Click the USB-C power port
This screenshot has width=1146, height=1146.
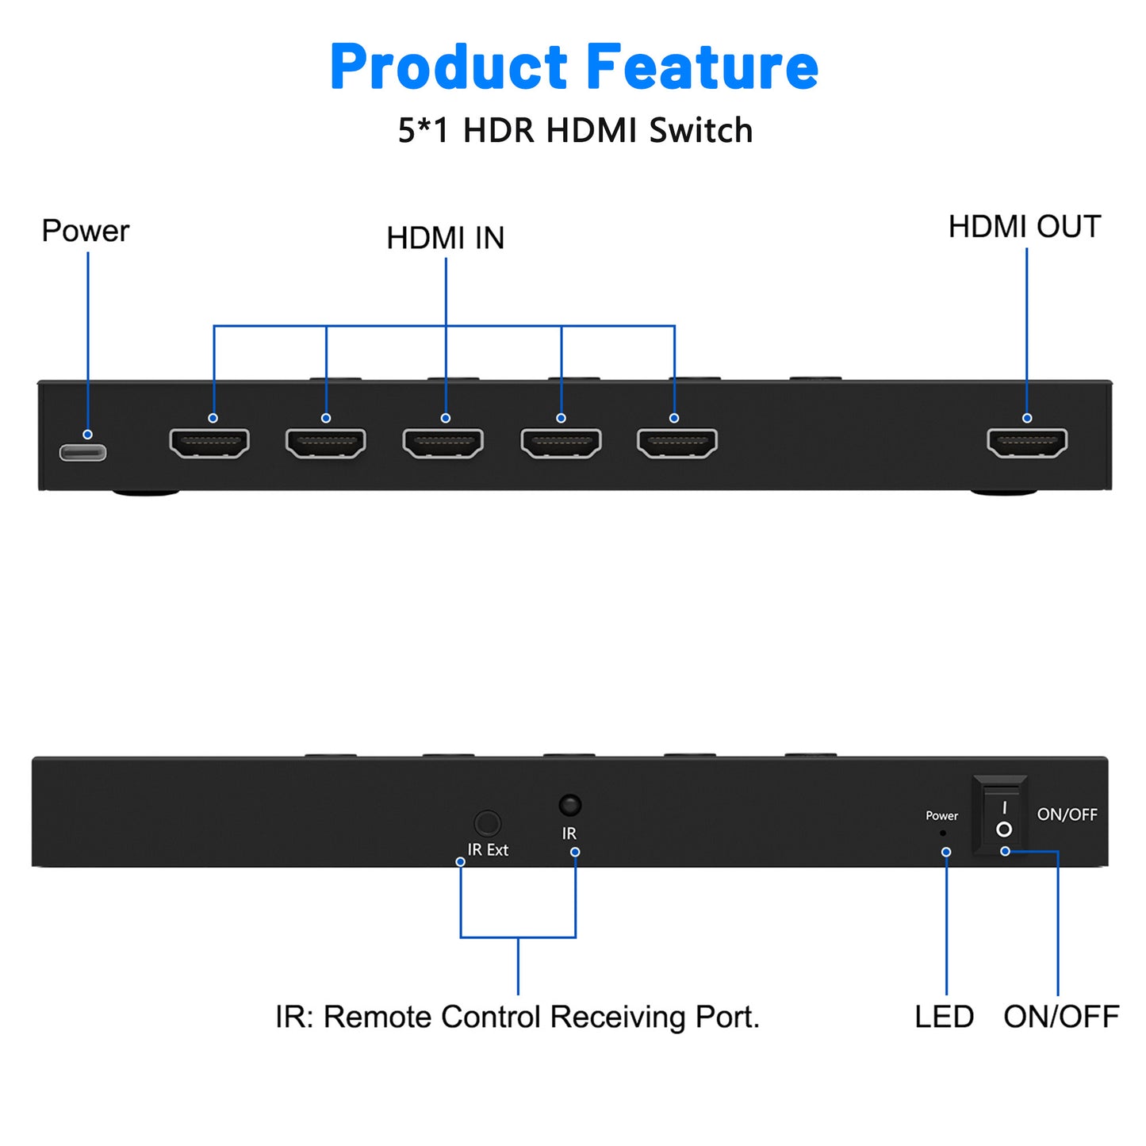pyautogui.click(x=82, y=453)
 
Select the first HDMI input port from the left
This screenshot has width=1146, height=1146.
pyautogui.click(x=209, y=443)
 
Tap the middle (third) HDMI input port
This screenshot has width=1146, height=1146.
pyautogui.click(x=443, y=443)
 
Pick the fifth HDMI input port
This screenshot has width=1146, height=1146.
pyautogui.click(x=677, y=443)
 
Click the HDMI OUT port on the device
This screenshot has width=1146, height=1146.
pyautogui.click(x=1027, y=443)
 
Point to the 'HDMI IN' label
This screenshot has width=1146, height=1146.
pyautogui.click(x=445, y=238)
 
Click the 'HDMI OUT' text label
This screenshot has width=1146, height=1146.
pyautogui.click(x=1024, y=227)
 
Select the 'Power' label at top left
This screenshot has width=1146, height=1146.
pyautogui.click(x=85, y=231)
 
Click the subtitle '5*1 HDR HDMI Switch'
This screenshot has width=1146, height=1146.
pyautogui.click(x=575, y=131)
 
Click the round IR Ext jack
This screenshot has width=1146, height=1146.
pyautogui.click(x=487, y=824)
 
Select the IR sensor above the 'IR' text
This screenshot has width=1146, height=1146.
pyautogui.click(x=569, y=806)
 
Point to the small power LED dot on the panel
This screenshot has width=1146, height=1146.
pyautogui.click(x=942, y=834)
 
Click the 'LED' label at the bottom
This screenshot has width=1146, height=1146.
pyautogui.click(x=944, y=1017)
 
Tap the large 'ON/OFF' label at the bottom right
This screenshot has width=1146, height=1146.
pyautogui.click(x=1060, y=1017)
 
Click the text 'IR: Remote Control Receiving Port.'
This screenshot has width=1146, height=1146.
pyautogui.click(x=517, y=1017)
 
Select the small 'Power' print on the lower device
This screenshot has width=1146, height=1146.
pyautogui.click(x=941, y=816)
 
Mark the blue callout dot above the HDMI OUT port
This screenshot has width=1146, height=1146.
pyautogui.click(x=1027, y=418)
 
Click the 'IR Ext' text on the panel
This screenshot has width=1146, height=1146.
pyautogui.click(x=488, y=850)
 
